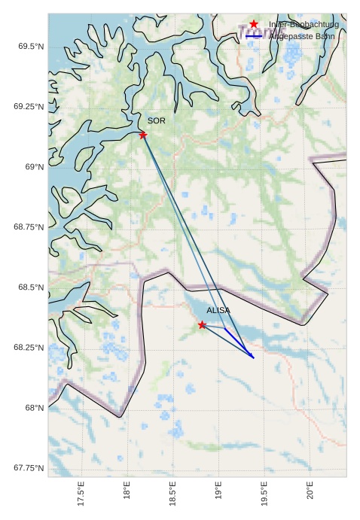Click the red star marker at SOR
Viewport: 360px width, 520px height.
(142, 135)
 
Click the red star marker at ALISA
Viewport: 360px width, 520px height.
(202, 324)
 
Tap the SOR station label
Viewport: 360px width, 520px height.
(156, 120)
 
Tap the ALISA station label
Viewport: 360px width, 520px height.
(218, 310)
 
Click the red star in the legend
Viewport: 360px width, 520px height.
(254, 24)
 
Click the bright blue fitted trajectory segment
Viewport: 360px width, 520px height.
(239, 342)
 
